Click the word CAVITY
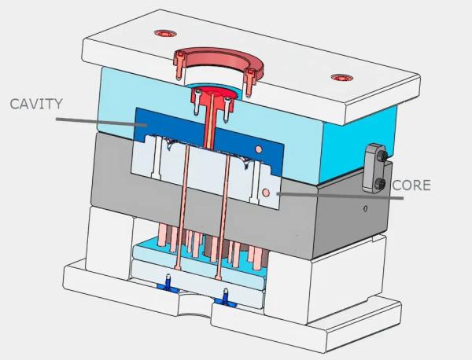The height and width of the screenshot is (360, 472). tap(36, 104)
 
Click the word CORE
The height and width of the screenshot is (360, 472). tap(411, 186)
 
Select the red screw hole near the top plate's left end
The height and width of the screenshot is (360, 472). tap(165, 33)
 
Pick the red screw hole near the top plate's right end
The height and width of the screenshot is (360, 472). tap(342, 78)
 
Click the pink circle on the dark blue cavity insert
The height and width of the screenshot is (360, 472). tap(258, 149)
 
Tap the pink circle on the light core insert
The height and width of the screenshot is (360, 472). tap(266, 193)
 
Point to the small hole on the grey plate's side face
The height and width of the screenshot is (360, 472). tap(365, 208)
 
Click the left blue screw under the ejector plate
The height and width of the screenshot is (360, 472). tap(169, 283)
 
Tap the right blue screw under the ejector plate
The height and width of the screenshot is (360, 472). tap(225, 299)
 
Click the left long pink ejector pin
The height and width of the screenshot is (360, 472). tap(183, 208)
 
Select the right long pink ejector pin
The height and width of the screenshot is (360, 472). tap(223, 216)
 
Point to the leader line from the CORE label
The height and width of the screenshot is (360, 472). tap(340, 196)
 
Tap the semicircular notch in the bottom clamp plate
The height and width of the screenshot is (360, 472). tap(194, 313)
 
